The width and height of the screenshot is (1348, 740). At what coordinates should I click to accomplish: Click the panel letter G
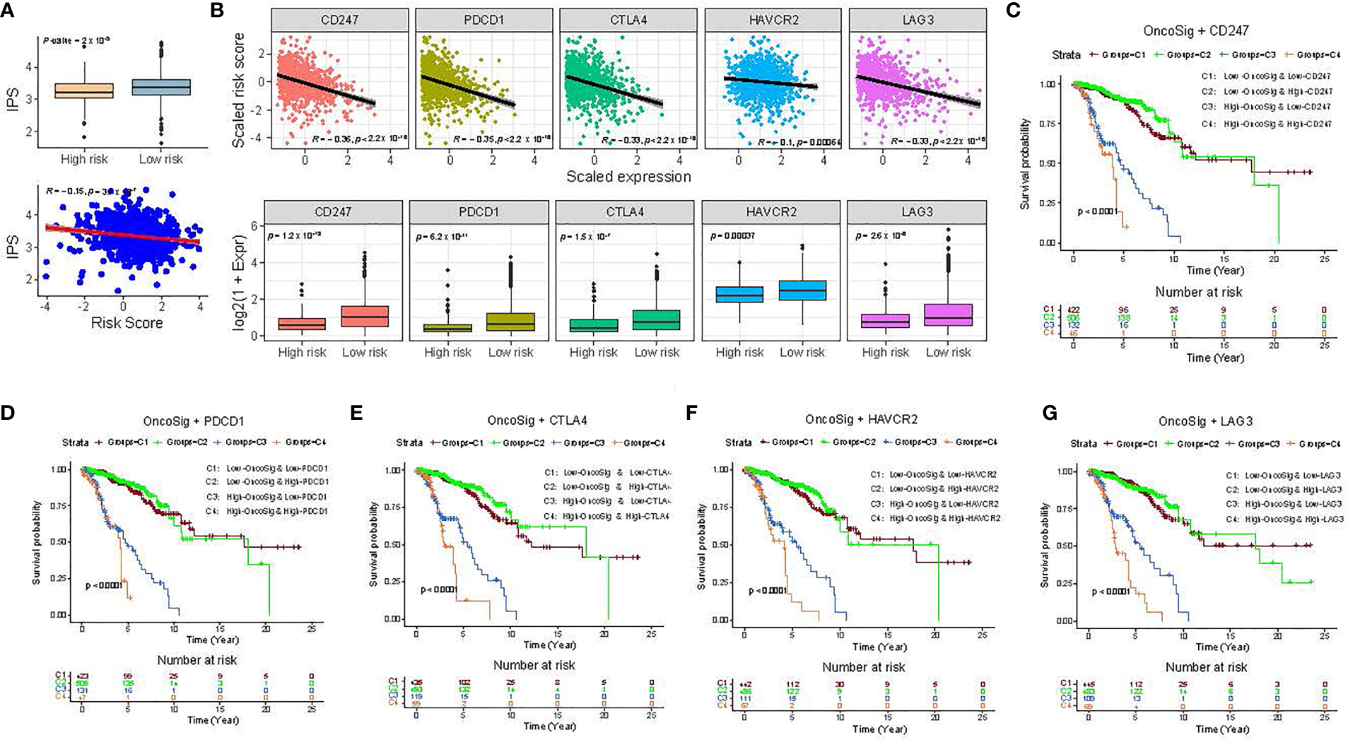(1050, 412)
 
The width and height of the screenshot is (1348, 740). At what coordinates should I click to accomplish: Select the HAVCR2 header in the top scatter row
(773, 20)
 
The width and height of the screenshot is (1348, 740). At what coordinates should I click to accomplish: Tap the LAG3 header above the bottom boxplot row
(917, 212)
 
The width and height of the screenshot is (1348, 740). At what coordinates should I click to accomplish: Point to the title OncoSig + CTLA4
(537, 421)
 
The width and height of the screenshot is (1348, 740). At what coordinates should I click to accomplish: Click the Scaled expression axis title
(628, 177)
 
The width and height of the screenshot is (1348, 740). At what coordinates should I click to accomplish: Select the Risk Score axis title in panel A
(127, 323)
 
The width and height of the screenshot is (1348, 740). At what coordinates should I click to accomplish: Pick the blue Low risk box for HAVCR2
(802, 290)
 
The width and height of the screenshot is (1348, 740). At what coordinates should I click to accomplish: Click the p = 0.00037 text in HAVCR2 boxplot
(732, 235)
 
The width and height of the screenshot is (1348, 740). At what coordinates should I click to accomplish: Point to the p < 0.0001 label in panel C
(1098, 211)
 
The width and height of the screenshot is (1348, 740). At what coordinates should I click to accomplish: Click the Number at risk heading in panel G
(1206, 667)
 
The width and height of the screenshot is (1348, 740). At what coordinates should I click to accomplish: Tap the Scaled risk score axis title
(239, 90)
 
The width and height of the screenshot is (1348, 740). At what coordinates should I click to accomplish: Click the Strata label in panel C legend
(1066, 54)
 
